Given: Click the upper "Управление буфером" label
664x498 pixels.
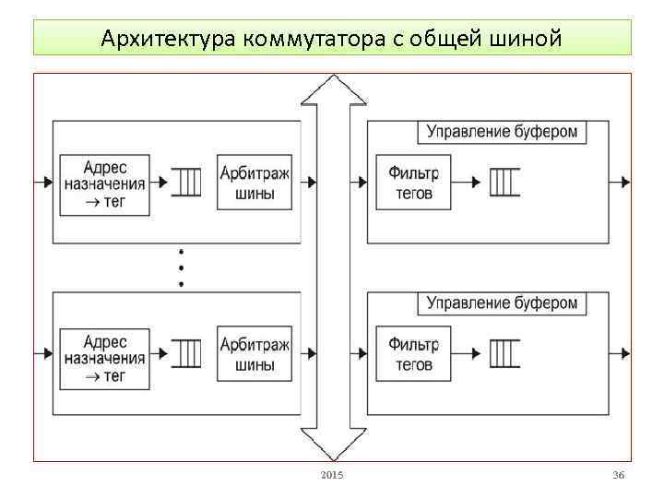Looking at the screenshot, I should (502, 131).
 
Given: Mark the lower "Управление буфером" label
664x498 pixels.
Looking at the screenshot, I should (502, 302).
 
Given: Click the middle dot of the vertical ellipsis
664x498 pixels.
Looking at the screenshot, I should (181, 267).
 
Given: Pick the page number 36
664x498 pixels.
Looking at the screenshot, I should (618, 475).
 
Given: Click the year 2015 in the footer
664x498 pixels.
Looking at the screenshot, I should (331, 475).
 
